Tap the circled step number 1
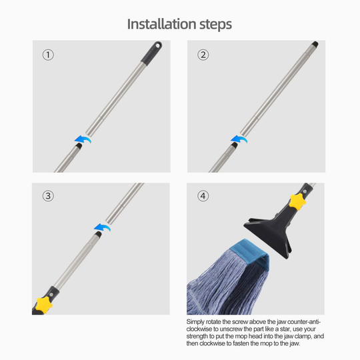48,55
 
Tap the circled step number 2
203,55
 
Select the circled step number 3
48,196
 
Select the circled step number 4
203,196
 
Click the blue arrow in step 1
82,139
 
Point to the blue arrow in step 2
238,139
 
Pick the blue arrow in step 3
102,227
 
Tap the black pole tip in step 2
315,45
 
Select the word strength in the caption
201,337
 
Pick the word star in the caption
305,329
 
